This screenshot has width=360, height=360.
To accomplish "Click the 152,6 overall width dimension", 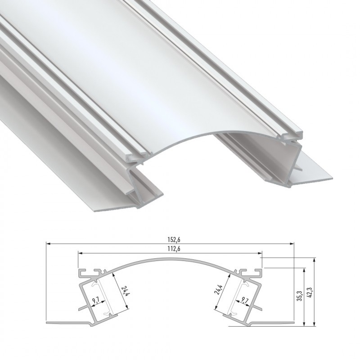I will (170, 239).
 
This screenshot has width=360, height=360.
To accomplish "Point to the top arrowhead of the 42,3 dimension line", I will (314, 260).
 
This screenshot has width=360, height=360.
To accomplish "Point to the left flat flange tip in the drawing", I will (48, 322).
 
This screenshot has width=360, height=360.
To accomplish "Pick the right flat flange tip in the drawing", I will (292, 322).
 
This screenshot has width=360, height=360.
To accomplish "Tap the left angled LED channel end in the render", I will (139, 189).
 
